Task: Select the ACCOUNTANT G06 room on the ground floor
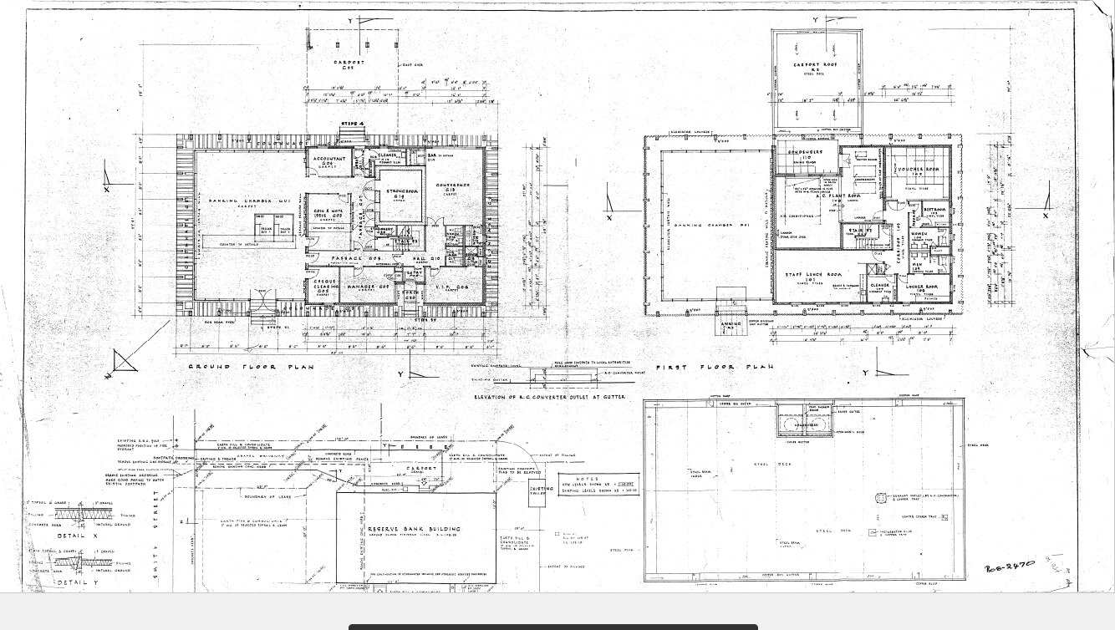[328, 160]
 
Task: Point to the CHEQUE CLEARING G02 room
[326, 287]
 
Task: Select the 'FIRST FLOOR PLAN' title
[714, 367]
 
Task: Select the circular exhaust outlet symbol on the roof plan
[880, 498]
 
